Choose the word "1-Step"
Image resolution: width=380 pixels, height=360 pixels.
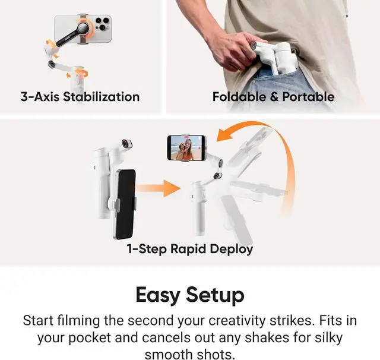(146, 249)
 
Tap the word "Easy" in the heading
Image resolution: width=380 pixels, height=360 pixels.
(159, 295)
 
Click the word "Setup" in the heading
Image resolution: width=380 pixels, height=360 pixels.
(214, 295)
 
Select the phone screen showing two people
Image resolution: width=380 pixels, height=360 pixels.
(186, 148)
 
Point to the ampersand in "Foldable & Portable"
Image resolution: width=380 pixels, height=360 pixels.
(274, 97)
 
